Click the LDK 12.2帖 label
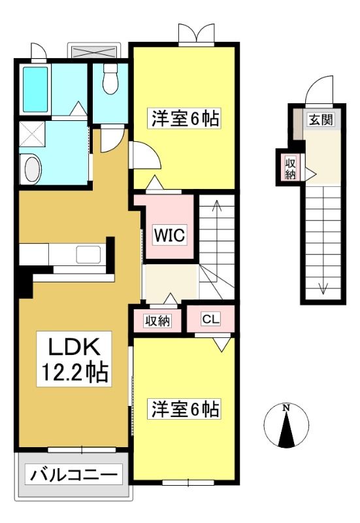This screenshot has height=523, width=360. [x=74, y=359]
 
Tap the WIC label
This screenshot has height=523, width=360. [x=169, y=235]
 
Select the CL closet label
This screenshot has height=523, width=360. [x=210, y=319]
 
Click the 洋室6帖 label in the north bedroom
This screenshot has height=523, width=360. [x=186, y=118]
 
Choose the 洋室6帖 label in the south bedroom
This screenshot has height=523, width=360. [x=186, y=409]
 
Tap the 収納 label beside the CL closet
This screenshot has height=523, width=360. [x=157, y=321]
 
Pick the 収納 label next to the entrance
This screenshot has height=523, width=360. [x=290, y=169]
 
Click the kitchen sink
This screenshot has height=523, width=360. [x=88, y=254]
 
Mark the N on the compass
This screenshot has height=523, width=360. [x=286, y=407]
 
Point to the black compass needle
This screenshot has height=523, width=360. [x=286, y=430]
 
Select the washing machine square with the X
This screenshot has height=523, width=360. [x=32, y=134]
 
